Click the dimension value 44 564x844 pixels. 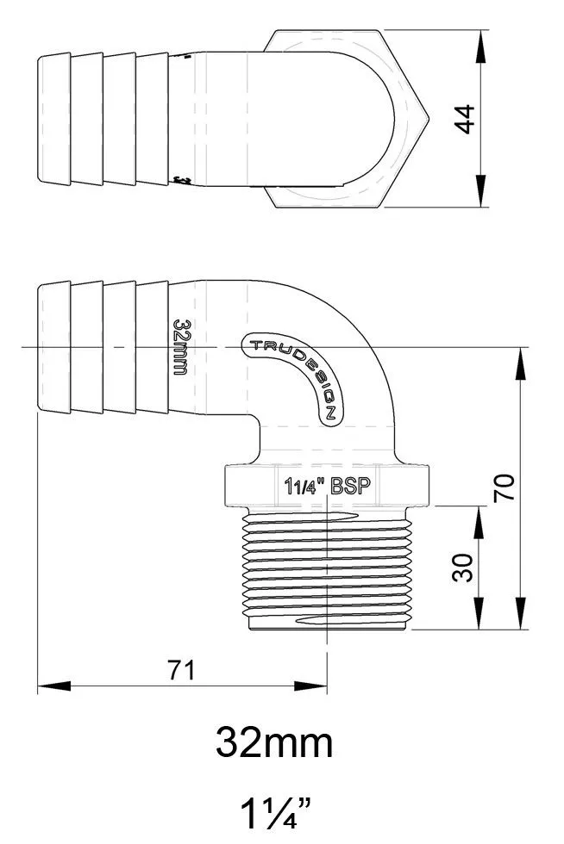pyautogui.click(x=467, y=119)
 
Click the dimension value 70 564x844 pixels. pyautogui.click(x=509, y=488)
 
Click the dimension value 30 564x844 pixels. pyautogui.click(x=464, y=568)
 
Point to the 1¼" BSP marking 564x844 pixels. pyautogui.click(x=327, y=485)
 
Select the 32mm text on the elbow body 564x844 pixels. pyautogui.click(x=180, y=346)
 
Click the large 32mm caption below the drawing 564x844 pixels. pyautogui.click(x=274, y=742)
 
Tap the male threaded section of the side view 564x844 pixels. pyautogui.click(x=327, y=568)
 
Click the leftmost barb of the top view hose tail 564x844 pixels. pyautogui.click(x=54, y=119)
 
